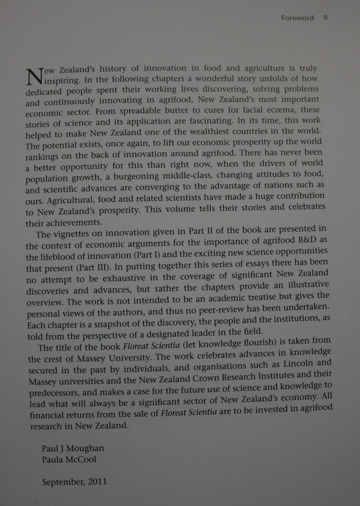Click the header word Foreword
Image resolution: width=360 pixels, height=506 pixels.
pos(297,18)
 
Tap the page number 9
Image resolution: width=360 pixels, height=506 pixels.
pos(325,18)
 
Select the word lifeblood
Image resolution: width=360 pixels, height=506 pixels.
pos(57,256)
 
